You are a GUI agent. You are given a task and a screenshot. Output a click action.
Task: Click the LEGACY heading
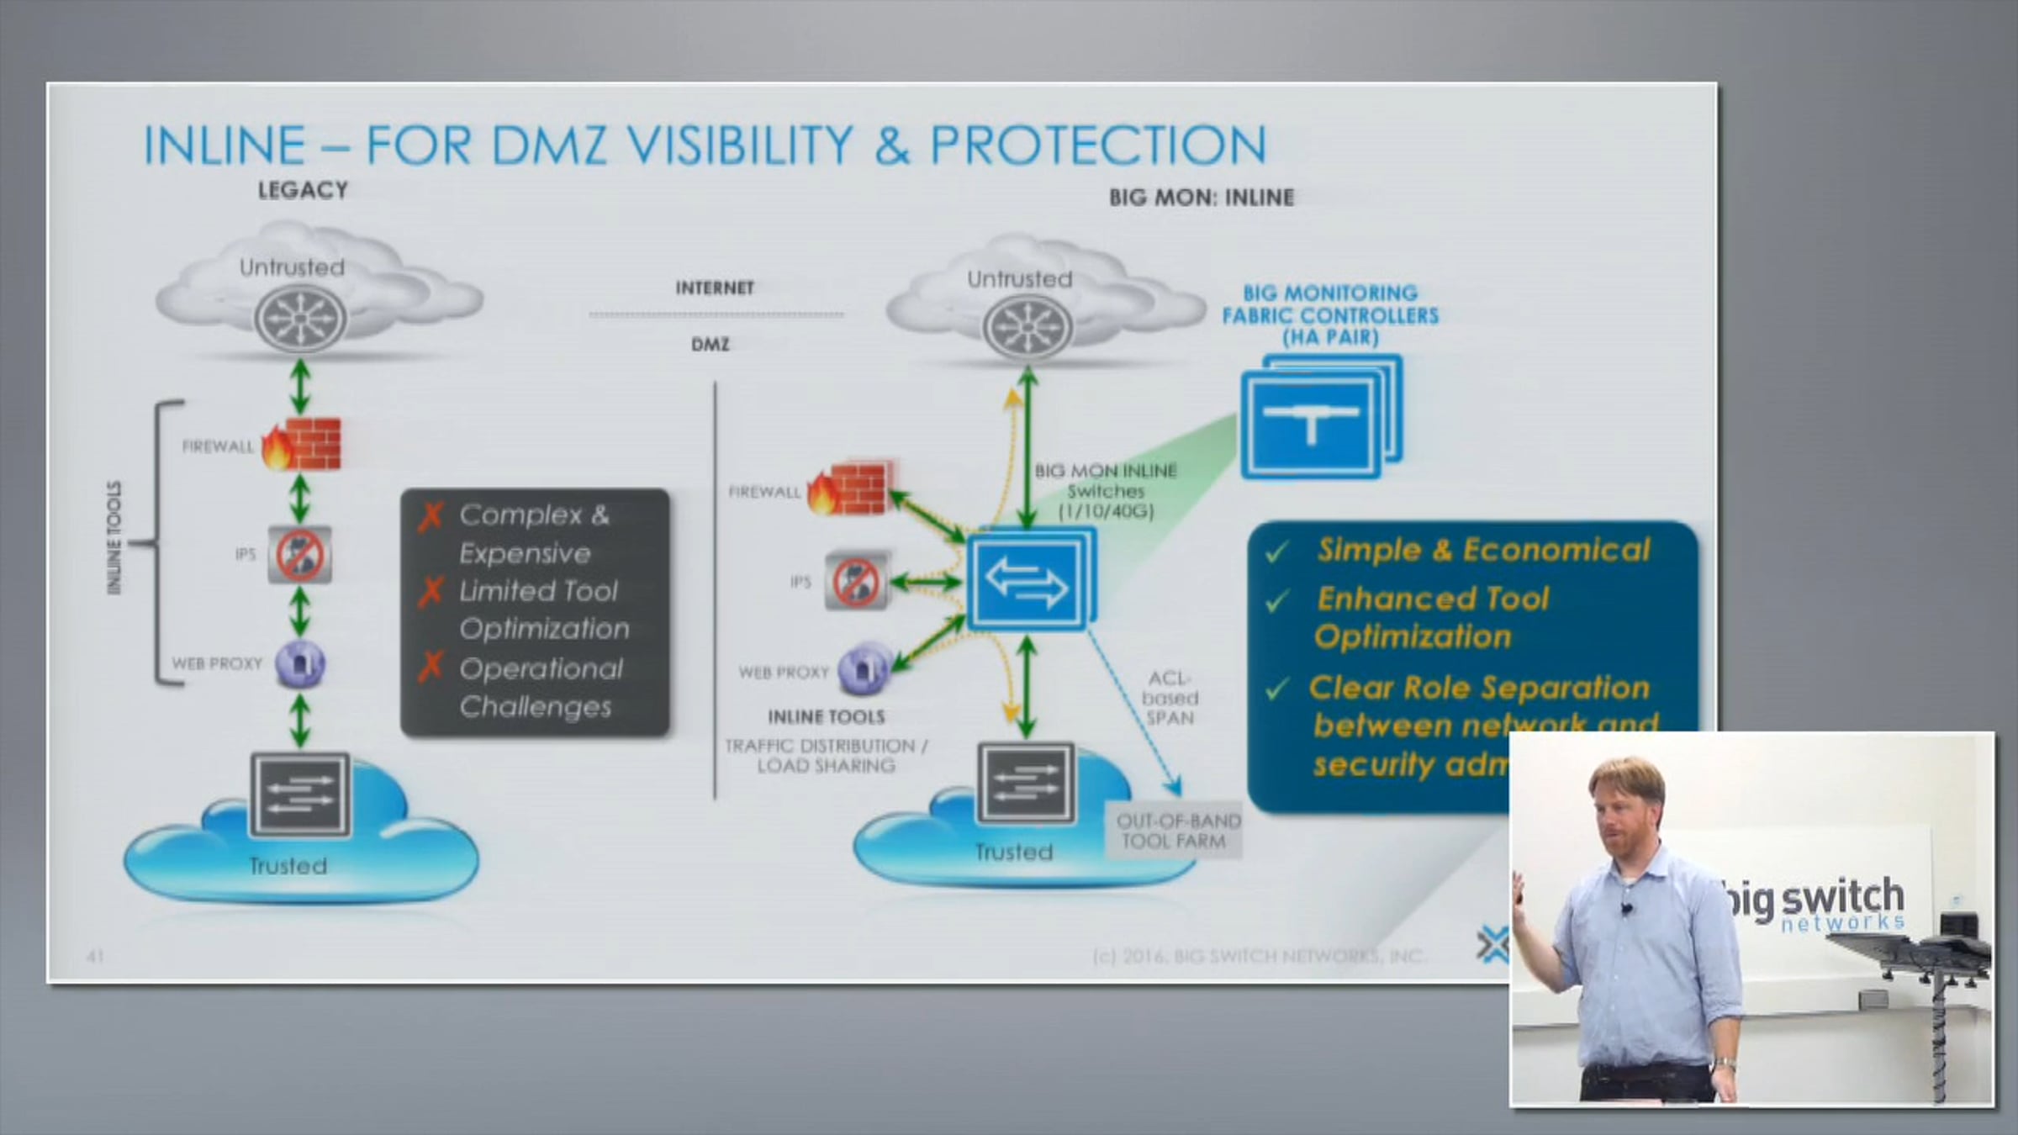(x=303, y=191)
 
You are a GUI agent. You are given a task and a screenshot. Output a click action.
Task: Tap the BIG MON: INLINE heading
(x=1201, y=198)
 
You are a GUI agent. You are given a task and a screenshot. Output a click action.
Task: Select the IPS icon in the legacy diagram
(x=299, y=555)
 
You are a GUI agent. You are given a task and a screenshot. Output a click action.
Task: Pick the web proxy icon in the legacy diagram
(x=300, y=664)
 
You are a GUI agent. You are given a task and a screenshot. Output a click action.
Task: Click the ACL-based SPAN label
(x=1170, y=698)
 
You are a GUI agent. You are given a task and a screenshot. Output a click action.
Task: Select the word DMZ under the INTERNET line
(x=711, y=345)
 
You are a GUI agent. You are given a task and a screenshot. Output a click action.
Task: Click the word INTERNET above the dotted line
(x=715, y=288)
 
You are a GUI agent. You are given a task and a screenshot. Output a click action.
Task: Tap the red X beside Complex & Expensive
(x=431, y=515)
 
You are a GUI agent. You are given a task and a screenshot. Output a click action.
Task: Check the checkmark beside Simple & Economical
(x=1277, y=552)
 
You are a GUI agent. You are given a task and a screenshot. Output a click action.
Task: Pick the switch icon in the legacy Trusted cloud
(x=300, y=794)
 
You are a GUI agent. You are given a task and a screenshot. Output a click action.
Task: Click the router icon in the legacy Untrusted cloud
(x=300, y=319)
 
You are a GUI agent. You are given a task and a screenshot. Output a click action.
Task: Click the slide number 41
(x=95, y=956)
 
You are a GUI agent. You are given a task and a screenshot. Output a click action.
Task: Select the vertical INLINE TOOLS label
(x=114, y=538)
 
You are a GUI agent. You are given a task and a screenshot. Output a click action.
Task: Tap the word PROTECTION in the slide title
(x=1097, y=145)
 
